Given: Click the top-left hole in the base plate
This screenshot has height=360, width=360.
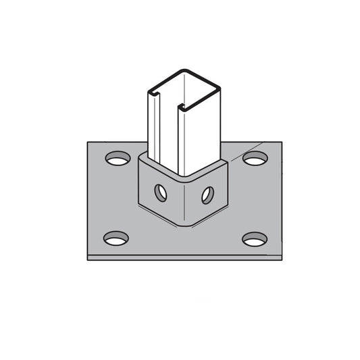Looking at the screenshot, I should [118, 160].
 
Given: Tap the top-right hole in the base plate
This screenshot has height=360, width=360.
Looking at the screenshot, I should [255, 159].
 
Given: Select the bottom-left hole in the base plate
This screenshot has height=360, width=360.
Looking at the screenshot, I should [116, 238].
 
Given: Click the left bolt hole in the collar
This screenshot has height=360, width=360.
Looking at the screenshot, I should [161, 192].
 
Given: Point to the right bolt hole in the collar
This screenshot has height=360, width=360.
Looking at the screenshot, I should [207, 194].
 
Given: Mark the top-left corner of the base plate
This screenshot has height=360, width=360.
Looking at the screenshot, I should [88, 142].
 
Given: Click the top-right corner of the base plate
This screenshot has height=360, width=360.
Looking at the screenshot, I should [281, 142].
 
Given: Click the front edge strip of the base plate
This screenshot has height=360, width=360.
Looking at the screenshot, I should [184, 257].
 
